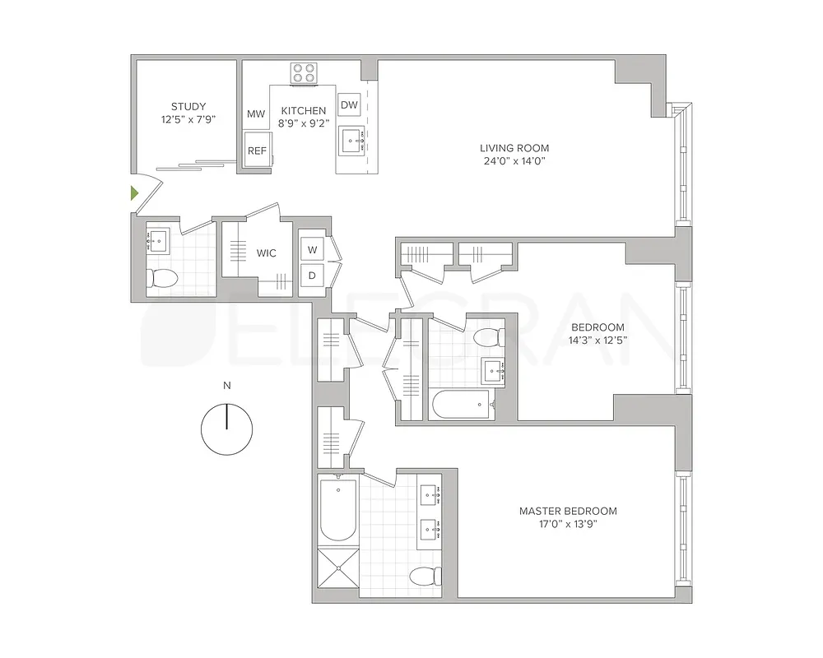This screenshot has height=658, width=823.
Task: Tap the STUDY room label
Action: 188,106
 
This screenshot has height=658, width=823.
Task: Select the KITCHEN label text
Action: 304,111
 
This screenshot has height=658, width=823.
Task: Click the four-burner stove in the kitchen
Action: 304,72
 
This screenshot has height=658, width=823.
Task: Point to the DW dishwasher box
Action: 349,104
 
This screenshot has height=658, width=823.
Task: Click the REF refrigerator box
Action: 258,151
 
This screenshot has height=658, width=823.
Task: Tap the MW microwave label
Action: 256,114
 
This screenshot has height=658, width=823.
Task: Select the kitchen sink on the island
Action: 356,141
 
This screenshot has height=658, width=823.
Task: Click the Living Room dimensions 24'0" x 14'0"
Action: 514,161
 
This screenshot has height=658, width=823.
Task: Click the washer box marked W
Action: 312,249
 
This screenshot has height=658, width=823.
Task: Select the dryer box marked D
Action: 312,276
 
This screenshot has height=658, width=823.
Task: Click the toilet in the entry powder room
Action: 162,280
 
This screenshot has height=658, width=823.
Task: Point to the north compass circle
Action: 226,429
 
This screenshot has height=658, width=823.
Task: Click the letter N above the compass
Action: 226,385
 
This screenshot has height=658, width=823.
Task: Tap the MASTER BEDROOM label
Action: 568,511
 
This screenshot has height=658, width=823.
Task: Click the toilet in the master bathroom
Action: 424,576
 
